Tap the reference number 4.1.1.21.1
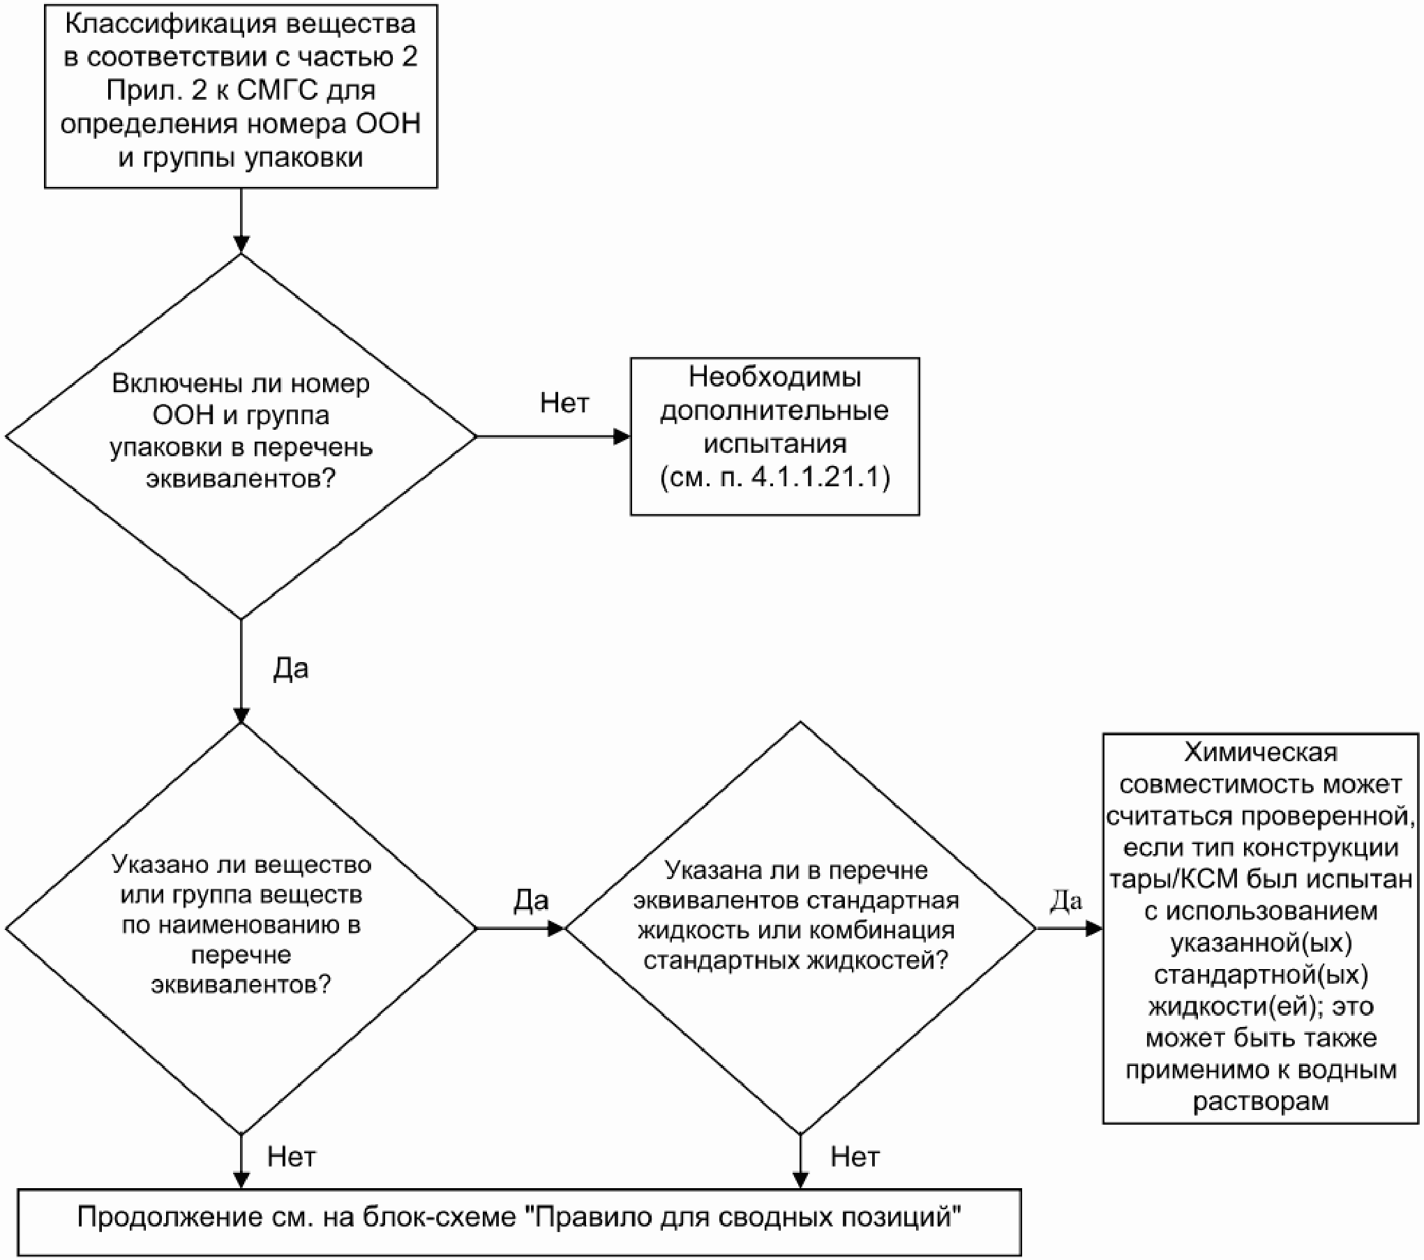(821, 478)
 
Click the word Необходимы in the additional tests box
(774, 377)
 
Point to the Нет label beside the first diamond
(564, 403)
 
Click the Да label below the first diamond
(290, 669)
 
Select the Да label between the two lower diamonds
(531, 901)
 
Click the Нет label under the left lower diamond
(291, 1157)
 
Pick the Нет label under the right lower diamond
(854, 1157)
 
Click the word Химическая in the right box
(1261, 753)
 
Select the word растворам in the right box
(1261, 1102)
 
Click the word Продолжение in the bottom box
(162, 1217)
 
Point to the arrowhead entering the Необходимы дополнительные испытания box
(622, 437)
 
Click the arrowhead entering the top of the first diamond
(241, 244)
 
